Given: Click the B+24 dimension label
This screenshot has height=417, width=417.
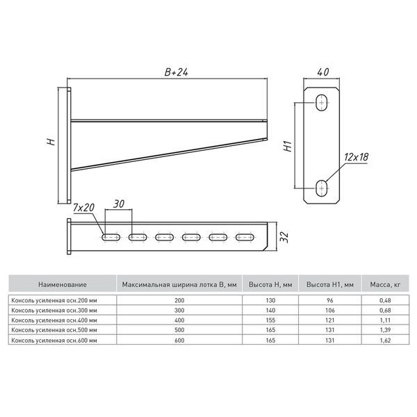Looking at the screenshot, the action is [x=177, y=72].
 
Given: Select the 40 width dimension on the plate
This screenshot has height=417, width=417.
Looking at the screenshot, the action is [x=323, y=72].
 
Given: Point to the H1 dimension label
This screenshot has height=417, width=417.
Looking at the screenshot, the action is [x=288, y=147].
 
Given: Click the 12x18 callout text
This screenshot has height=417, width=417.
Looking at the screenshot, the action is [x=357, y=157].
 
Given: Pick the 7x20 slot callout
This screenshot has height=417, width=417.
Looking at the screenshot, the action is [x=83, y=208].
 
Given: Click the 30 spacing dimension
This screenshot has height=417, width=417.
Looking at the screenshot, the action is [x=119, y=204].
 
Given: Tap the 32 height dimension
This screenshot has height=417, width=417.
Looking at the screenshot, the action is [x=284, y=237].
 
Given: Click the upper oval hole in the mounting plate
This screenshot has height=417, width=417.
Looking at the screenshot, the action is [x=322, y=102].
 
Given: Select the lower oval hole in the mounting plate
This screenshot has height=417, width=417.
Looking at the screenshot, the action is [x=322, y=188].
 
